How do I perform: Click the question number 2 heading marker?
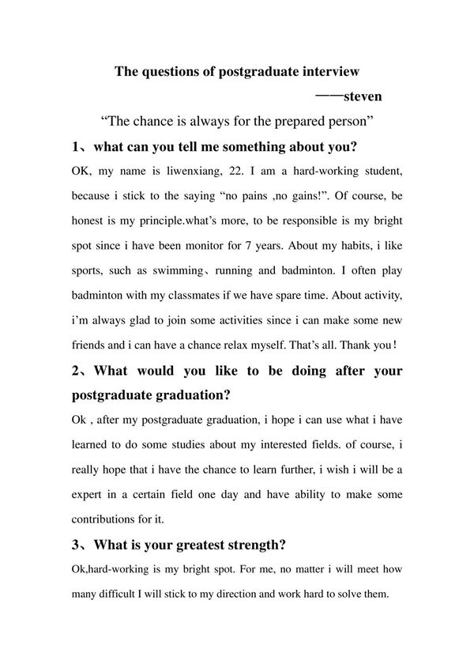coord(74,371)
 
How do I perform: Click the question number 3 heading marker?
coord(74,545)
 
